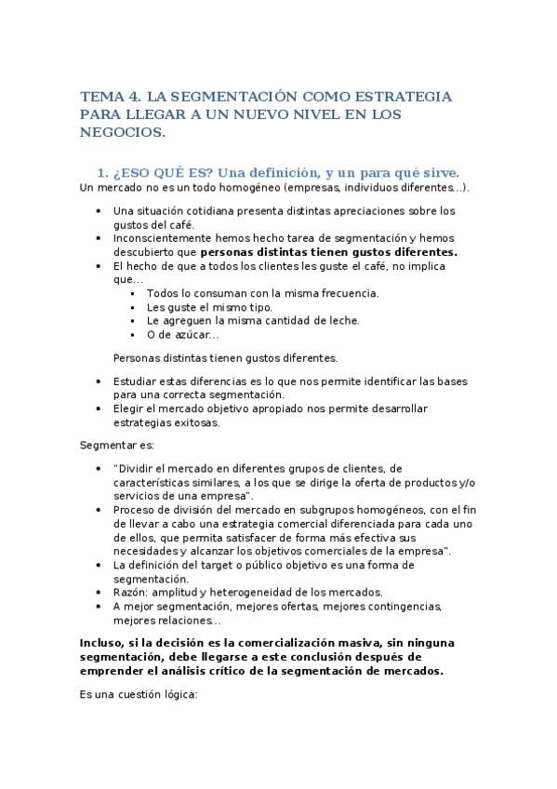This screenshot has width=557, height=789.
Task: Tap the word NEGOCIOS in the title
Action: point(120,133)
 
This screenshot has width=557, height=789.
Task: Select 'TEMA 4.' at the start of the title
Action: point(108,96)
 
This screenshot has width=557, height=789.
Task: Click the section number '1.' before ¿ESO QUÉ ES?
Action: point(104,173)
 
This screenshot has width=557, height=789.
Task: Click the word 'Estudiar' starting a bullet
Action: point(136,381)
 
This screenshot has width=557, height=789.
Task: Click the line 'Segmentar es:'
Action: point(117,446)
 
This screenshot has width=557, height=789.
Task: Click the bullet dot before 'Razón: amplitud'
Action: point(99,593)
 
